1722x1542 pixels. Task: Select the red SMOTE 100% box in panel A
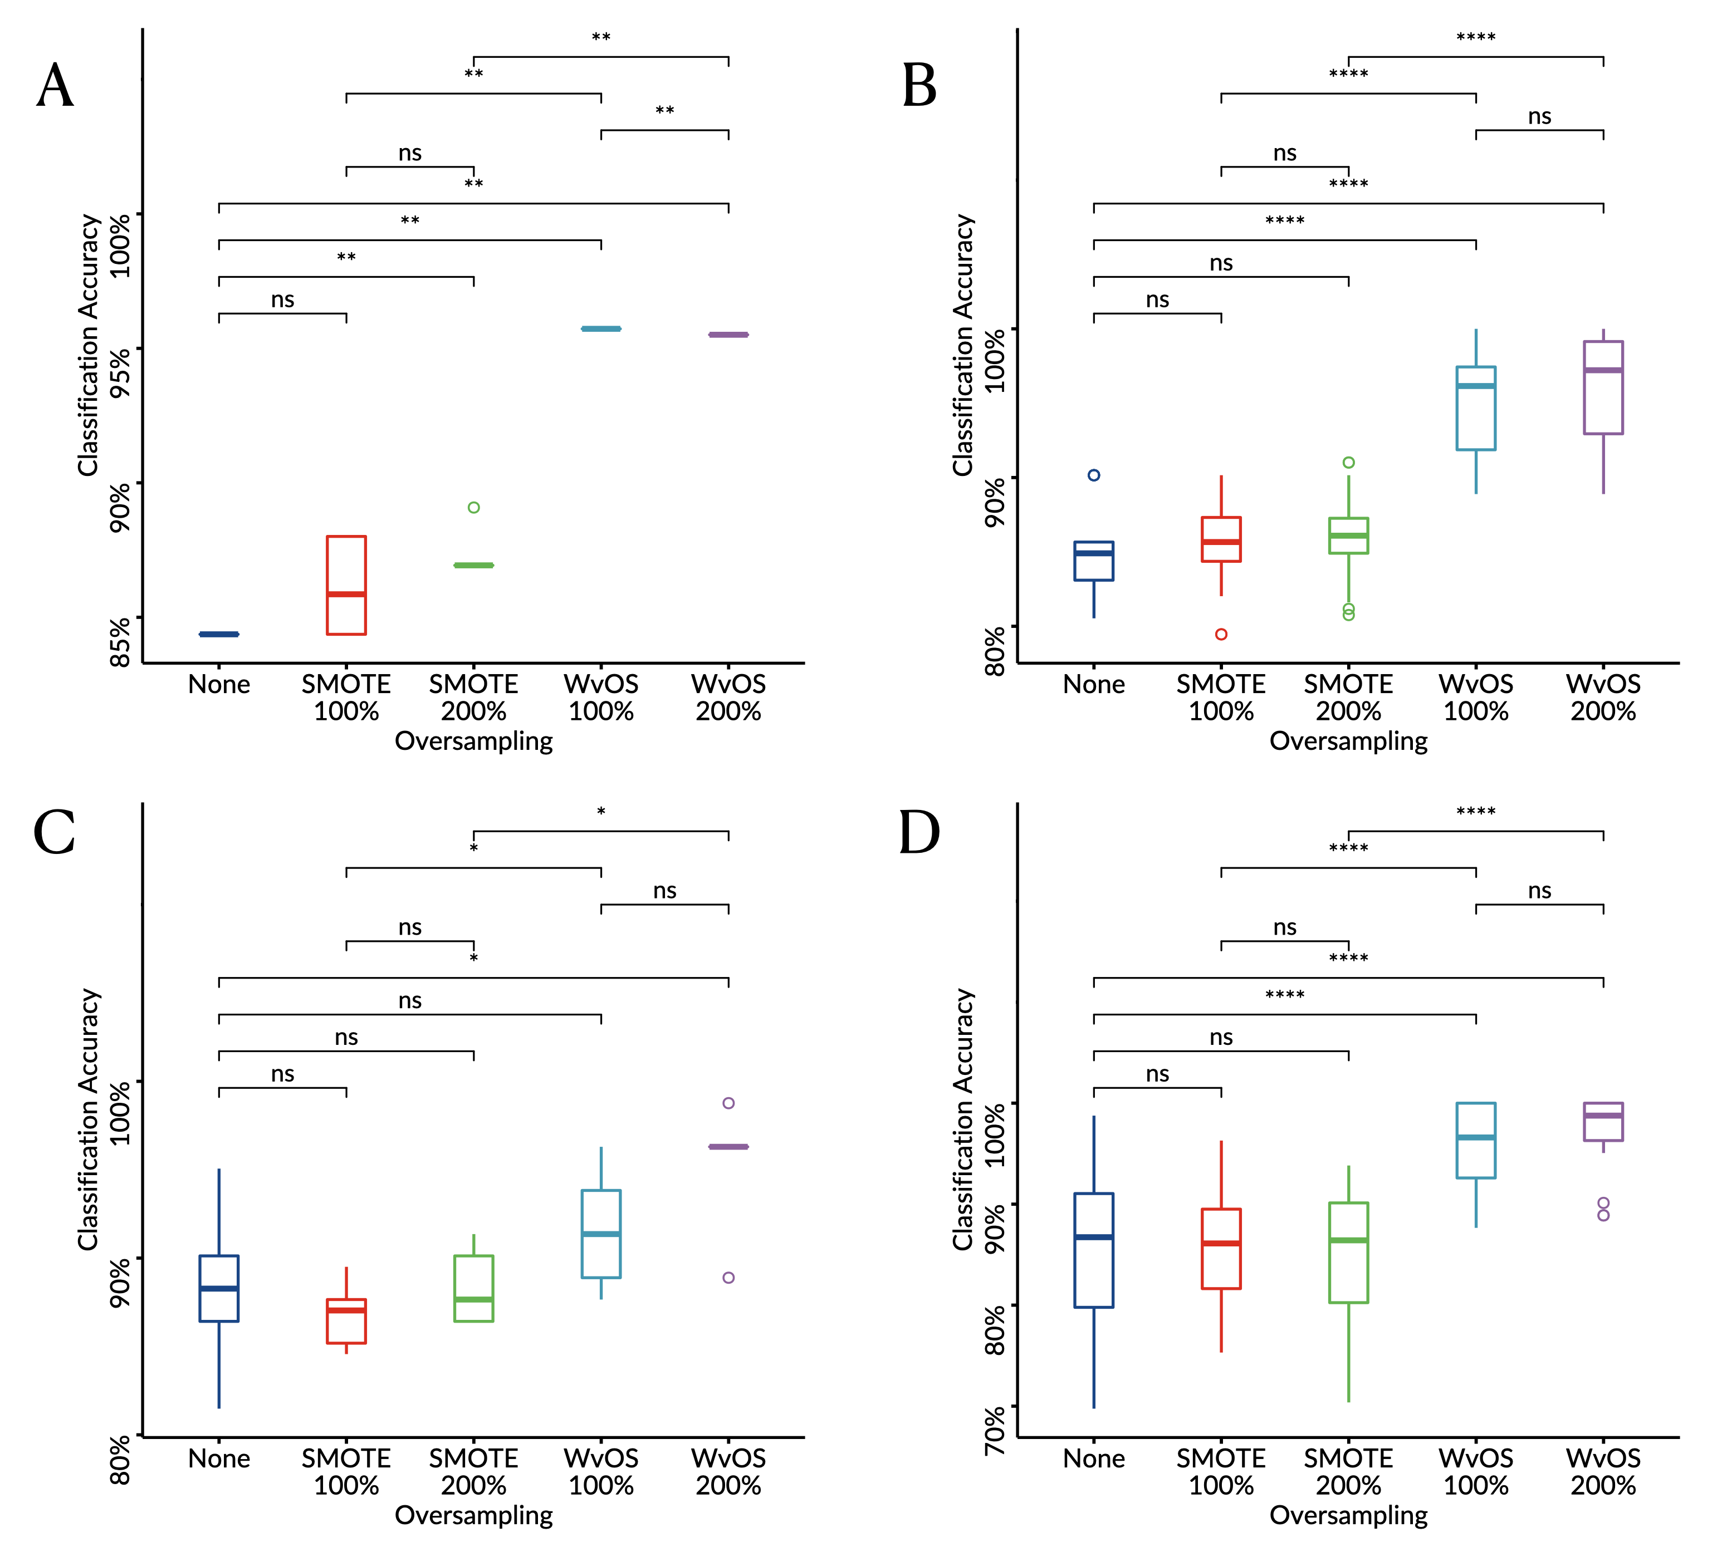tap(346, 585)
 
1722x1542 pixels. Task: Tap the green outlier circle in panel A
tap(474, 508)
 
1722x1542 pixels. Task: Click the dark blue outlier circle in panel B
tap(1094, 475)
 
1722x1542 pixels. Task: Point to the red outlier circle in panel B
tap(1221, 634)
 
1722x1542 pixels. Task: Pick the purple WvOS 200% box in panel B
tap(1603, 388)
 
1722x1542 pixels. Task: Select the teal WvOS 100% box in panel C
tap(601, 1234)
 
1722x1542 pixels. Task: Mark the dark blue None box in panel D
tap(1094, 1250)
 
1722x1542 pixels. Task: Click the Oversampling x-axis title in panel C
tap(474, 1515)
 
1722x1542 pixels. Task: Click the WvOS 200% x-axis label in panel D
tap(1603, 1472)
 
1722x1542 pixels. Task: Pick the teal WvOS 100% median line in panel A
tap(601, 329)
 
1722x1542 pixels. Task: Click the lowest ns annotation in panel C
tap(282, 1074)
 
